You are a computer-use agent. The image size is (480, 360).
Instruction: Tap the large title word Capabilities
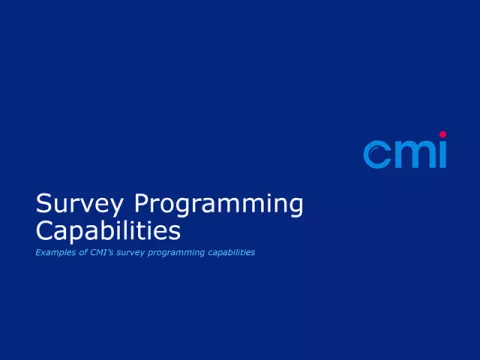(x=108, y=231)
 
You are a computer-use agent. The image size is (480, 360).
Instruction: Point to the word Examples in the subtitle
(x=52, y=253)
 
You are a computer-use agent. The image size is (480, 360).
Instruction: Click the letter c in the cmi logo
(x=376, y=154)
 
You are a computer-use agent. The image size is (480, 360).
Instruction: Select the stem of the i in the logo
(x=442, y=155)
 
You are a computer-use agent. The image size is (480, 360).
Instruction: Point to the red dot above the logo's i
(x=442, y=135)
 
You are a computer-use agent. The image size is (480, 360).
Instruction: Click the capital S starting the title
(x=43, y=205)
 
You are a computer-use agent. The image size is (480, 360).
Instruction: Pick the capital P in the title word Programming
(x=142, y=205)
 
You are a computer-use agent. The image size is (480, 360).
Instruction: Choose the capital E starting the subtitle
(x=38, y=253)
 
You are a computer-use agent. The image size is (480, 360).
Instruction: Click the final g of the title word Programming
(x=294, y=208)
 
